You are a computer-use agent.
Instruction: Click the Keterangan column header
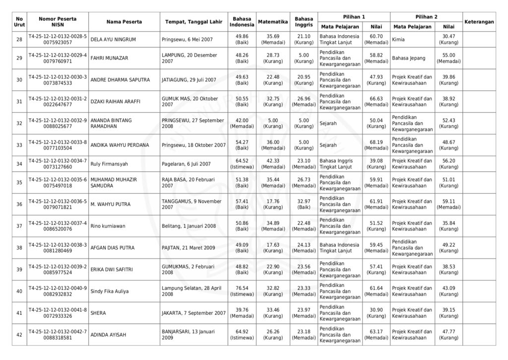479,22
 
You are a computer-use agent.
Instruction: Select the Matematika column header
273,22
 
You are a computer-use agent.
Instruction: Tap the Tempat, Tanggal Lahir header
193,22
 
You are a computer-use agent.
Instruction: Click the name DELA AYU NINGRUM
113,39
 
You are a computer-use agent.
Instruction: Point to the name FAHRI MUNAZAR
109,58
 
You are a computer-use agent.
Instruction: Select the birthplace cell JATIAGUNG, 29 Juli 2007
189,80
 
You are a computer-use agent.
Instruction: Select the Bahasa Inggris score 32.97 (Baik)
304,204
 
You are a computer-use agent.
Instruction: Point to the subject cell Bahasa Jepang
408,58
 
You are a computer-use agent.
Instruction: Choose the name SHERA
98,313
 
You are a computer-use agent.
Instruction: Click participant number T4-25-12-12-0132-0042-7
58,331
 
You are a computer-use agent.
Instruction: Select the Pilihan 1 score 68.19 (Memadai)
376,145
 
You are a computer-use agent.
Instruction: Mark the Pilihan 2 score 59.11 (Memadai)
448,204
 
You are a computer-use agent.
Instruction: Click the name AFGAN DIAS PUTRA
113,248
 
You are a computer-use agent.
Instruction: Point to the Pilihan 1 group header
354,16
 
